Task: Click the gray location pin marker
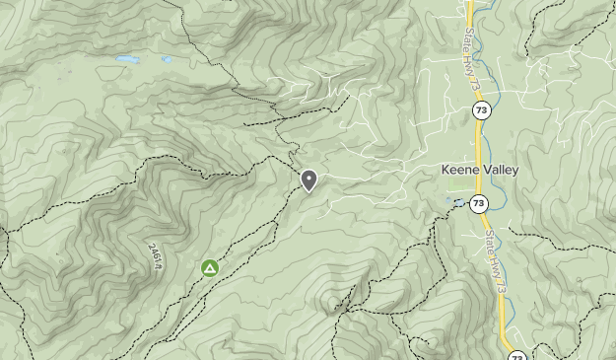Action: [x=308, y=180]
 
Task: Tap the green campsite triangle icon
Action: [x=209, y=267]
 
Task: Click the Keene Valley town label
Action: [x=479, y=170]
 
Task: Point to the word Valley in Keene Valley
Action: [x=500, y=170]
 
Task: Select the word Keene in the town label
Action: [x=458, y=170]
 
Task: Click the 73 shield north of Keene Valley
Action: [x=479, y=109]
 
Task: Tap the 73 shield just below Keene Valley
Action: [x=478, y=204]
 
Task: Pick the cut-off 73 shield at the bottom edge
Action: [x=516, y=355]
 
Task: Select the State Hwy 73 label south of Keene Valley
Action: [x=495, y=260]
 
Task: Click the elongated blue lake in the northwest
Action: [x=128, y=59]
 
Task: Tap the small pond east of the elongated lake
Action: [x=167, y=59]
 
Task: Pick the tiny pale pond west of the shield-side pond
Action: [x=448, y=201]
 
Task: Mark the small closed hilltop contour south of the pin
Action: [x=332, y=301]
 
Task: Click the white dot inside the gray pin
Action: [x=308, y=178]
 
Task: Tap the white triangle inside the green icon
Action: [x=209, y=267]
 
